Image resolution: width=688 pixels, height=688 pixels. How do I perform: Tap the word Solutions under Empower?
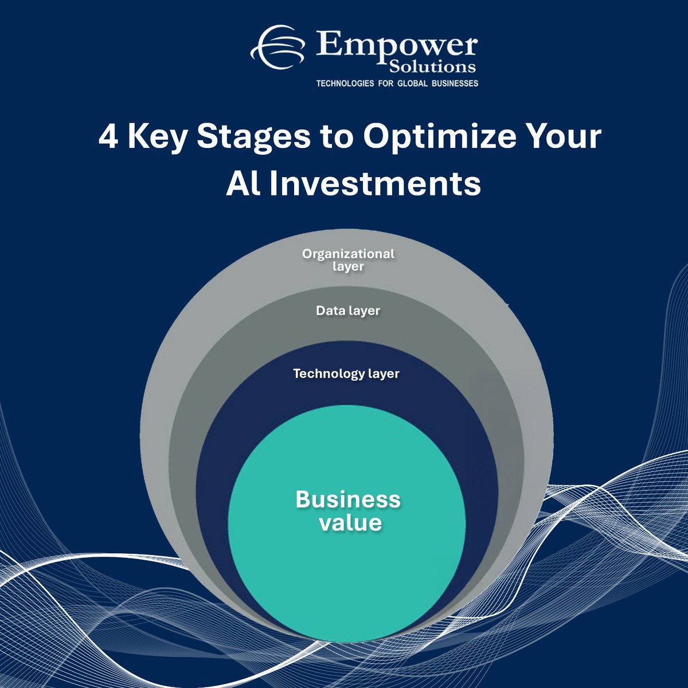point(433,67)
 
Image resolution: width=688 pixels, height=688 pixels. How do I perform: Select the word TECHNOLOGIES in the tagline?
point(344,84)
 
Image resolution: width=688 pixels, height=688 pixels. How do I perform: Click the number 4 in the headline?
point(108,138)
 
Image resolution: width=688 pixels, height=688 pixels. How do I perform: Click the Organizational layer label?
point(348,260)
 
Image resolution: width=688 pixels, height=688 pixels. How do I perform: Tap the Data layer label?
point(348,311)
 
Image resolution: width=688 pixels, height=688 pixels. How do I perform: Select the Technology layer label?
point(346,374)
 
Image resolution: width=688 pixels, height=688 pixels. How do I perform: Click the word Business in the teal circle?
point(348,499)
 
